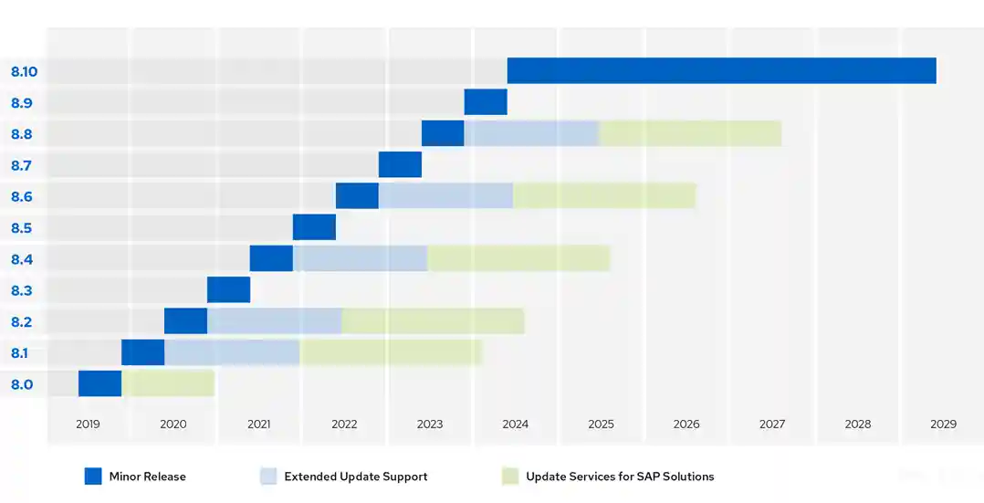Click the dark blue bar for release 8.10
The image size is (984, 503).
pyautogui.click(x=721, y=70)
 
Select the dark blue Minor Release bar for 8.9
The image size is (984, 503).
pyautogui.click(x=486, y=102)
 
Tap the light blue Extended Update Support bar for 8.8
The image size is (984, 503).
pyautogui.click(x=531, y=133)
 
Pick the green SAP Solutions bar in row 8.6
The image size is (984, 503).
pyautogui.click(x=604, y=195)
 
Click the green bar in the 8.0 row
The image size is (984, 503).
pyautogui.click(x=168, y=383)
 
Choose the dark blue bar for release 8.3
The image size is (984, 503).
pyautogui.click(x=228, y=289)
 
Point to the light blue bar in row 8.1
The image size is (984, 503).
pyautogui.click(x=232, y=352)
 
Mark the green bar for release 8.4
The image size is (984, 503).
pyautogui.click(x=518, y=258)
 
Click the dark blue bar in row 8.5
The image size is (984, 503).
pyautogui.click(x=314, y=227)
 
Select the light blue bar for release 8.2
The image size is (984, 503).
pyautogui.click(x=274, y=321)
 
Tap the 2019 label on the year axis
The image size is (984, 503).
pyautogui.click(x=88, y=424)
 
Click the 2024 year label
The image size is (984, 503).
pyautogui.click(x=515, y=424)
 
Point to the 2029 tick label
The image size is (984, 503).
pyautogui.click(x=943, y=424)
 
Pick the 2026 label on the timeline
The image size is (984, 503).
pyautogui.click(x=686, y=424)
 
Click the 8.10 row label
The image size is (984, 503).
pyautogui.click(x=24, y=71)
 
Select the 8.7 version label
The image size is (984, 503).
pyautogui.click(x=22, y=165)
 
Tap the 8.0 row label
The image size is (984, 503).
pyautogui.click(x=22, y=384)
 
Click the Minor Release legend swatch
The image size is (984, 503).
pyautogui.click(x=93, y=477)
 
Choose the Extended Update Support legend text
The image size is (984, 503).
pyautogui.click(x=355, y=477)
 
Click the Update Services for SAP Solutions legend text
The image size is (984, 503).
pyautogui.click(x=620, y=477)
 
